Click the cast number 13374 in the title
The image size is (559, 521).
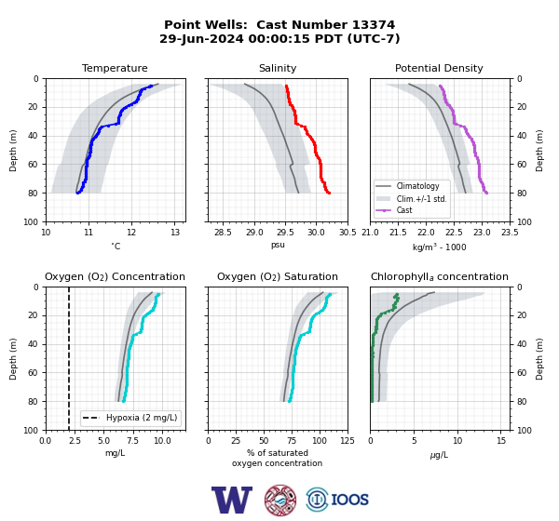[x=374, y=25]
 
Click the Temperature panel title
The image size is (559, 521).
[x=115, y=68]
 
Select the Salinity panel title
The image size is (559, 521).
[x=278, y=68]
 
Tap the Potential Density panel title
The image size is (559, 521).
[x=439, y=68]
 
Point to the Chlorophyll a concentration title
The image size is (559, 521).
[x=439, y=276]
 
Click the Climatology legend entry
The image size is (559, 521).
[x=417, y=186]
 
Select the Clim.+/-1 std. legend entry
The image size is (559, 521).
[x=421, y=199]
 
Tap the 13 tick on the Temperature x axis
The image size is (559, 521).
[x=174, y=233]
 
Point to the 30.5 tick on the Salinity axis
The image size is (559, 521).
[x=348, y=233]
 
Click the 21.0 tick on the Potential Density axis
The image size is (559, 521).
[x=371, y=233]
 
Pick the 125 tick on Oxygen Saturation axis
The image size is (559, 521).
[x=348, y=441]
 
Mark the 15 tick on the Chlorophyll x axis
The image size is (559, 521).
[x=501, y=441]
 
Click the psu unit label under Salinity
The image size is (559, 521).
[x=278, y=245]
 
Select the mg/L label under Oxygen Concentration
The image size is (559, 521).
[x=115, y=453]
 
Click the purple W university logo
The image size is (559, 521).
[x=232, y=500]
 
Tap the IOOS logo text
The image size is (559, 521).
[x=349, y=500]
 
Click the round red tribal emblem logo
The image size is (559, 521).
[x=280, y=500]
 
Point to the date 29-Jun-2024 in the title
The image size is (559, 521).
[x=201, y=38]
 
